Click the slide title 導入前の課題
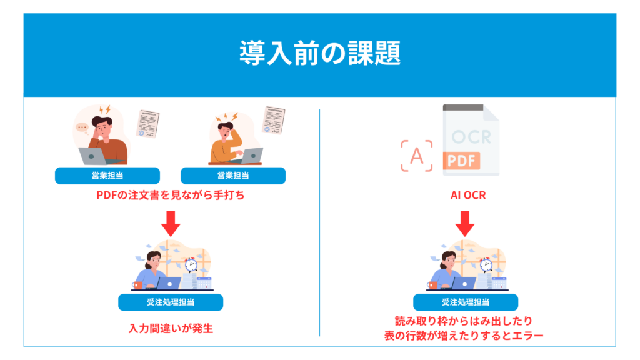[319, 54]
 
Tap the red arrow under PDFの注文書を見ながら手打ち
[170, 221]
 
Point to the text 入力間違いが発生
[171, 327]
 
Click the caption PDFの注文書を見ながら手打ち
[170, 196]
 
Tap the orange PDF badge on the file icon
[461, 161]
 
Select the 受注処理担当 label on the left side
[171, 302]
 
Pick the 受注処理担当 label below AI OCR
[466, 302]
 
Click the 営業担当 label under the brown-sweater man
[107, 176]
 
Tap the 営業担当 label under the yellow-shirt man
[232, 176]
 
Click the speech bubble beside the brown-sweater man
[82, 128]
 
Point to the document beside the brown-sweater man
[147, 124]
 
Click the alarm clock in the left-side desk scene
[190, 264]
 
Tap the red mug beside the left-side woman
[137, 285]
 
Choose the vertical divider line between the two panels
[319, 222]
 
